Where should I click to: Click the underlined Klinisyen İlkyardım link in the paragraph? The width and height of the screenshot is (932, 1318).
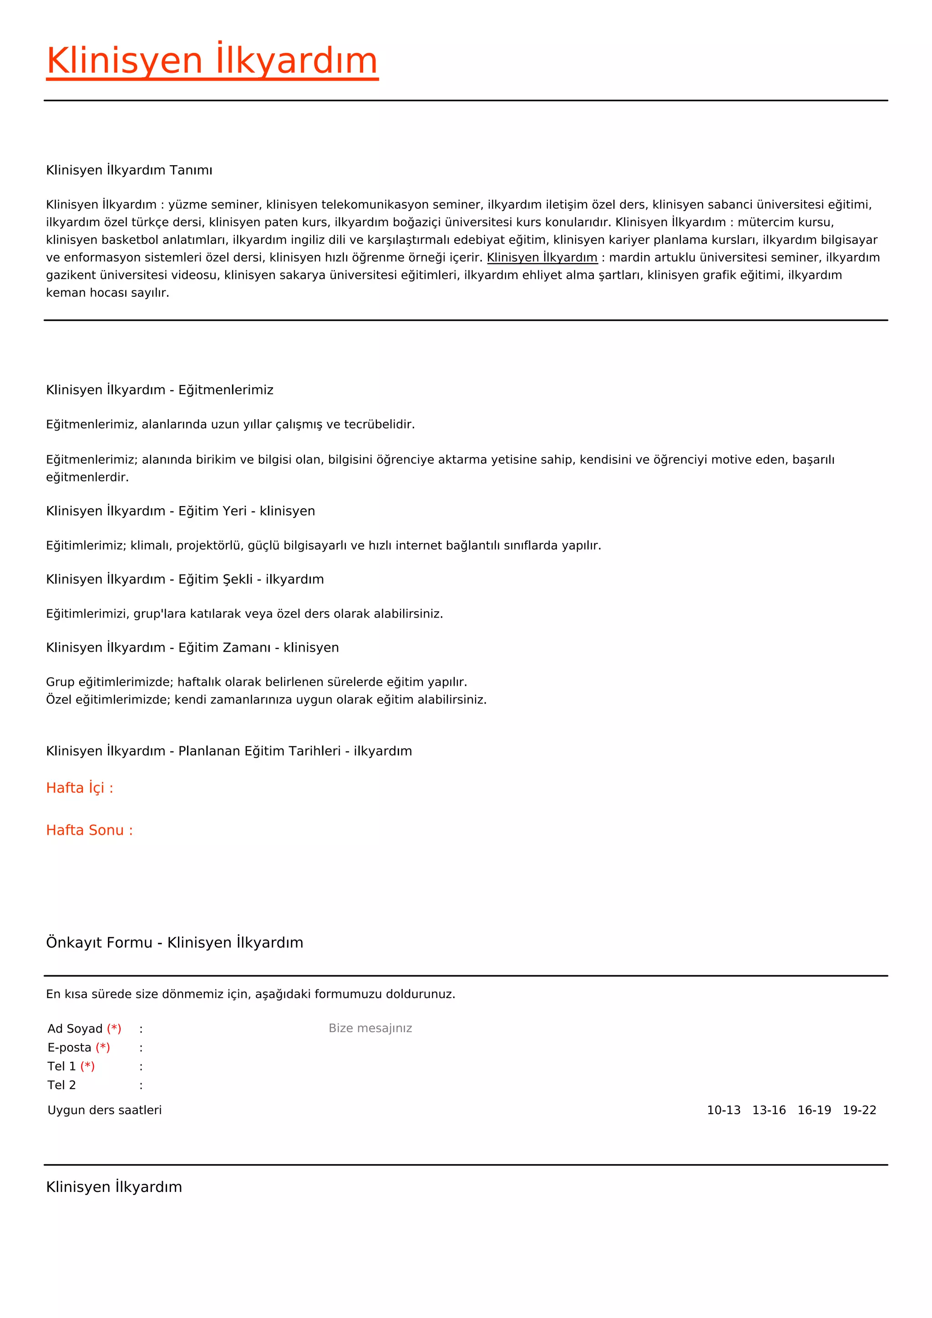(x=542, y=257)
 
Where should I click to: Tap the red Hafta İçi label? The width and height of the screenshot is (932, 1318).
(x=80, y=788)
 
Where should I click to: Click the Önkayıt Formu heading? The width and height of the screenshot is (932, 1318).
(x=174, y=943)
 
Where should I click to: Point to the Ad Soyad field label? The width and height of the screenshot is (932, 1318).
(x=75, y=1029)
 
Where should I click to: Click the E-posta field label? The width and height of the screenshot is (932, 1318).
(x=70, y=1048)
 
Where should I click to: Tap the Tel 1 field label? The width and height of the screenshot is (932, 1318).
(x=61, y=1067)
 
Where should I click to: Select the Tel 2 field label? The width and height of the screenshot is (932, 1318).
(x=61, y=1085)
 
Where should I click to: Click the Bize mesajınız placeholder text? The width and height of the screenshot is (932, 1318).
(x=370, y=1028)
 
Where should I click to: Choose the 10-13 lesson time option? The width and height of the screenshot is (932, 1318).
(x=724, y=1110)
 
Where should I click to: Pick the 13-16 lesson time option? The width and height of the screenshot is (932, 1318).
(x=769, y=1110)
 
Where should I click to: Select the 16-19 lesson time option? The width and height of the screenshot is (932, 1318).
(x=814, y=1110)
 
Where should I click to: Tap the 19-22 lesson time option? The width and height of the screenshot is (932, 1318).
(x=859, y=1110)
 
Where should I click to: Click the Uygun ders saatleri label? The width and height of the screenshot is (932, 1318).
(x=105, y=1110)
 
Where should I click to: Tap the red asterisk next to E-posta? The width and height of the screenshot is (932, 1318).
(x=103, y=1048)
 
